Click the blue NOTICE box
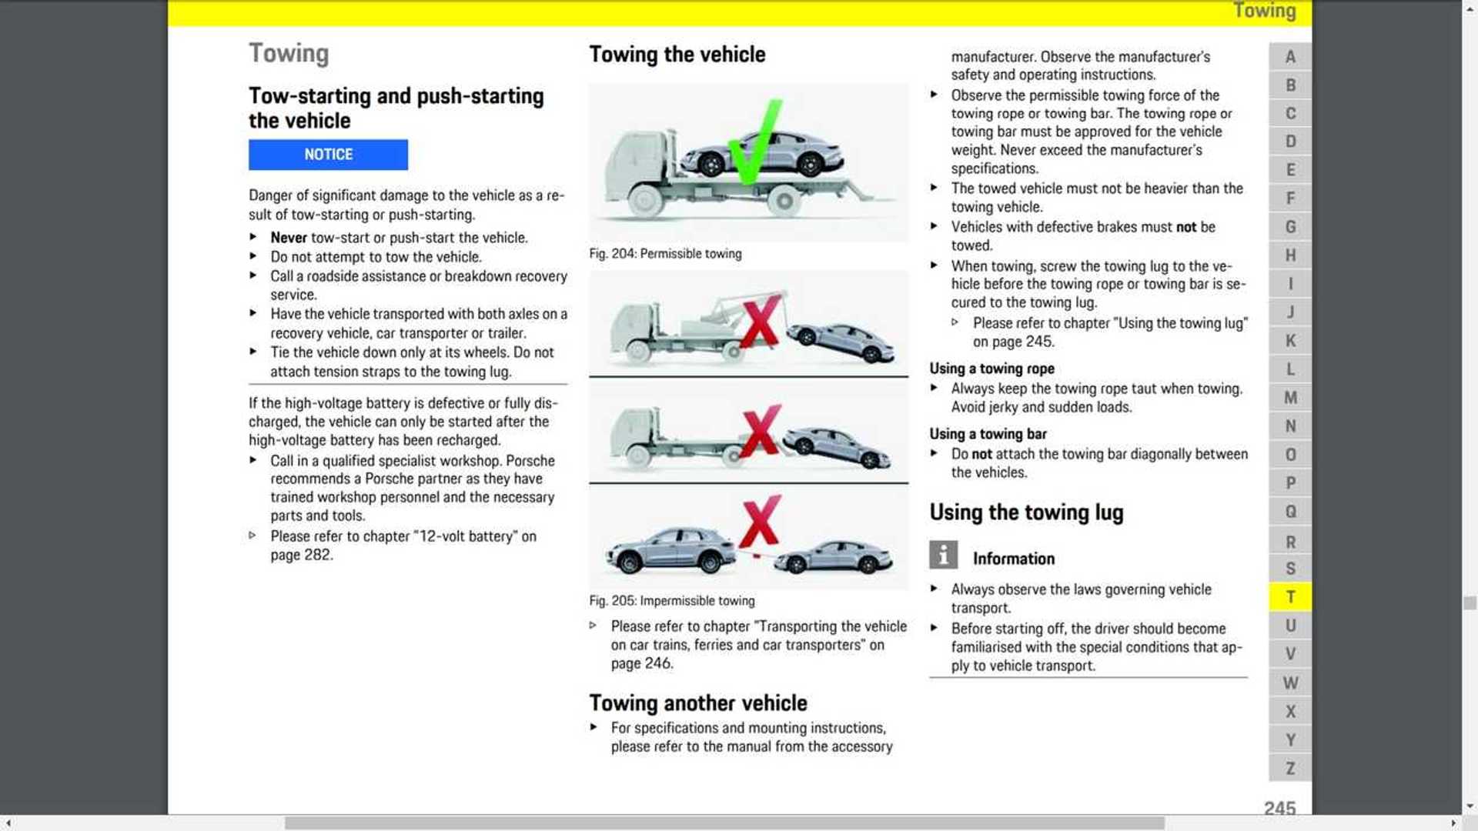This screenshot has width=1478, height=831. point(328,155)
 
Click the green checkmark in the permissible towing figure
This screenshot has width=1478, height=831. point(753,145)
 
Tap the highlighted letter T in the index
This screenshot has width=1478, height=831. point(1290,597)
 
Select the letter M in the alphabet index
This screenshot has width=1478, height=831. point(1290,398)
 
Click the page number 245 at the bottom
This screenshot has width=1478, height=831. point(1279,808)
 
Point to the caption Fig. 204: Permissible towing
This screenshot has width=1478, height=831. point(665,254)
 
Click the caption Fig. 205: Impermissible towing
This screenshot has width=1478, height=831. point(671,601)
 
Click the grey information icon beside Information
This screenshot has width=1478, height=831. point(943,555)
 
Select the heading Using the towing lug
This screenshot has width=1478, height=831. point(1026,512)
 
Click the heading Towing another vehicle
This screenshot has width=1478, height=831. point(697,703)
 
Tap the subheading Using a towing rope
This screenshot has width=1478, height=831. point(991,369)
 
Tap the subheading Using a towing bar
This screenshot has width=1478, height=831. point(988,434)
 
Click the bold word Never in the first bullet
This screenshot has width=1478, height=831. point(288,238)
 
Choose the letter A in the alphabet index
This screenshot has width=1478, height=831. point(1290,57)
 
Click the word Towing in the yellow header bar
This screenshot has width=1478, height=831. point(1264,11)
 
